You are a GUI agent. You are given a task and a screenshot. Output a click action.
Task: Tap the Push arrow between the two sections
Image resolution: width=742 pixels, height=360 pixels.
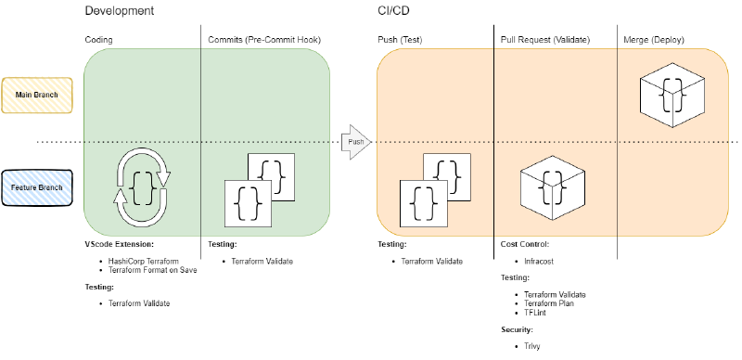point(357,142)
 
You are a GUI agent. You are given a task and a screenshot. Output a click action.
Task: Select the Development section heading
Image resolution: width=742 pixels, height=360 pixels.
point(119,11)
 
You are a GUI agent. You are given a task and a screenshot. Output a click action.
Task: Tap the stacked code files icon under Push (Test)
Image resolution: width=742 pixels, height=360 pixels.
point(432,190)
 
